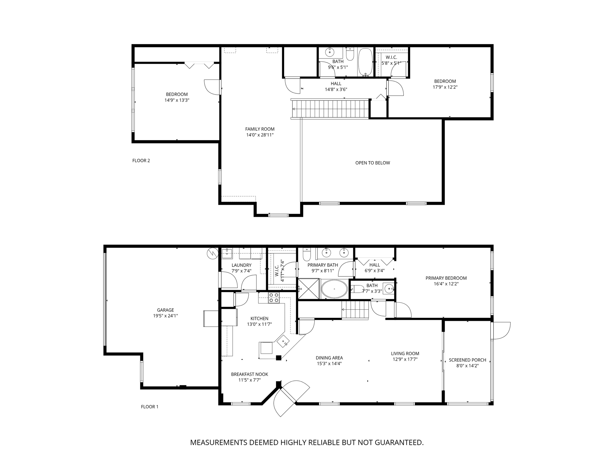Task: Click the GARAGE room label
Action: (x=165, y=310)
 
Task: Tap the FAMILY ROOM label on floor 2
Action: (x=260, y=129)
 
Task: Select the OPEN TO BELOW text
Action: (x=372, y=163)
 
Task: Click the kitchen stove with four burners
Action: (x=273, y=297)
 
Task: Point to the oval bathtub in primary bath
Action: (x=334, y=289)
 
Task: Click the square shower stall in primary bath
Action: (x=308, y=289)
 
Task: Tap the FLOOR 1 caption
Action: (x=149, y=407)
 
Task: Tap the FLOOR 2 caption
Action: (x=141, y=161)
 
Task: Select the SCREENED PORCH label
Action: (x=467, y=360)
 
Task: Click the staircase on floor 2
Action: (x=330, y=109)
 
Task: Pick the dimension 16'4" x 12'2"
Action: (x=446, y=284)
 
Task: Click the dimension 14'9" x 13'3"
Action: (x=177, y=100)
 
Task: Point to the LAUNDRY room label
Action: (x=241, y=265)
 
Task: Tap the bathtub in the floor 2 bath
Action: (x=365, y=61)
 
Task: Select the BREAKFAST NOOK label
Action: (x=249, y=374)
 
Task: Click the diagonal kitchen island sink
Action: (x=283, y=341)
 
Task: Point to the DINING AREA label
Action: (x=329, y=358)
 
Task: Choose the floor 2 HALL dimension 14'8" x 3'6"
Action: (x=336, y=89)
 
